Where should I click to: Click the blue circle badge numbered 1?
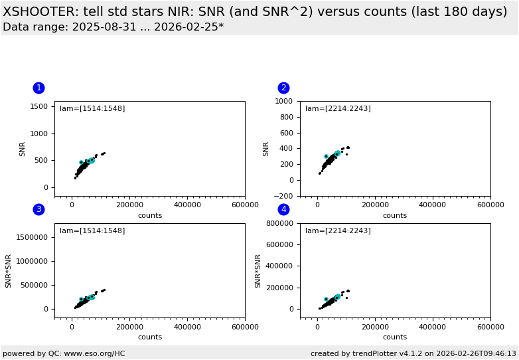(x=38, y=88)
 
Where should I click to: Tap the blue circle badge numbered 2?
(x=283, y=88)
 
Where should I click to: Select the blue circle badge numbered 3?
(x=38, y=209)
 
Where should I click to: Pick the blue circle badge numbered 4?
(x=283, y=209)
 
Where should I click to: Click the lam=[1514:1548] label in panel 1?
(x=92, y=109)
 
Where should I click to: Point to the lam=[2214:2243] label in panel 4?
(x=338, y=231)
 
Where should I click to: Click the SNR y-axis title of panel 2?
(x=267, y=149)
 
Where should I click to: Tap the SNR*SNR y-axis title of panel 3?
(x=9, y=270)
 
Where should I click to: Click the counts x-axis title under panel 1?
(x=150, y=215)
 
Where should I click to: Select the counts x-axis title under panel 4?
(x=395, y=337)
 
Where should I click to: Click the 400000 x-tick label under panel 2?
(x=433, y=205)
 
